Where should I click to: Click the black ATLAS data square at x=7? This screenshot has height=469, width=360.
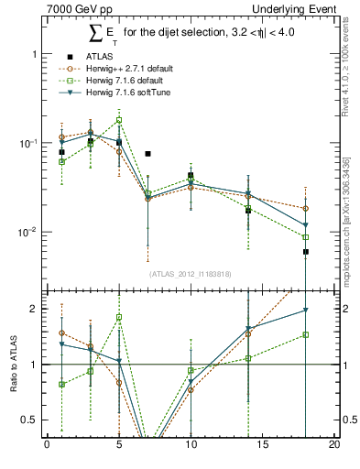tap(147, 154)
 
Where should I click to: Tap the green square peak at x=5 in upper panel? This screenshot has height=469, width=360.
tap(119, 120)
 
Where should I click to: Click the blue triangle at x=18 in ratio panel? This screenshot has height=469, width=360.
tap(306, 311)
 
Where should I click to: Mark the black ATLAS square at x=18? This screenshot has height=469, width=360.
tap(306, 251)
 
